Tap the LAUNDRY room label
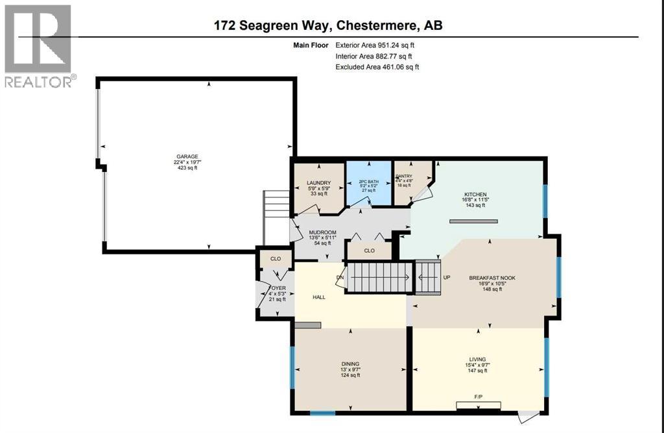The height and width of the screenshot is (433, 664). (318, 183)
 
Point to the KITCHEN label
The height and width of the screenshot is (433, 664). (475, 194)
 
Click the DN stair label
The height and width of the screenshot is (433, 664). (340, 278)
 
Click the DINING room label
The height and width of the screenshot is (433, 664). (351, 364)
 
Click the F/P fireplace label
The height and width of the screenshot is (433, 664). (478, 396)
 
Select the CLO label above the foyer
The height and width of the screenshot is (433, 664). (275, 258)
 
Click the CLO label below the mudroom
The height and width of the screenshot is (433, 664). (369, 250)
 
